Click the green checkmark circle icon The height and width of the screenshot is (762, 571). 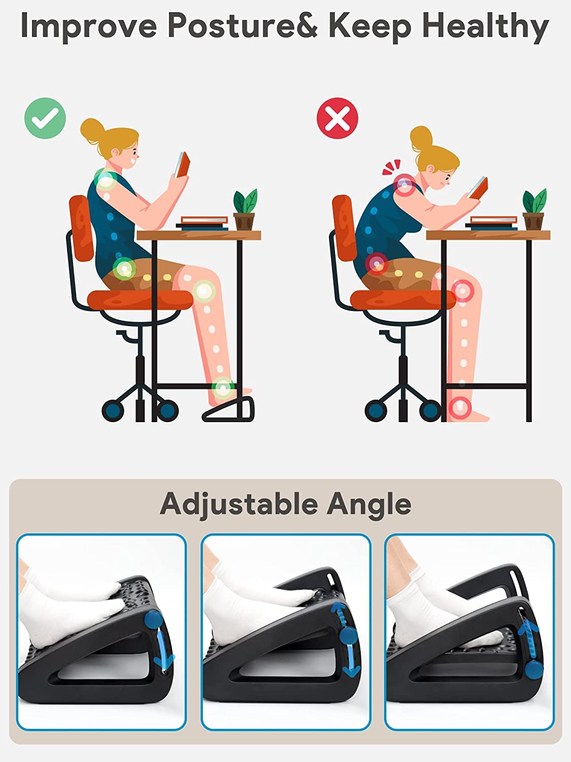pos(45,118)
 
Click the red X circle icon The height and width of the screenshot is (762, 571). pos(338,118)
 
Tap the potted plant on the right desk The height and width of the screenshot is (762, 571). pos(534,209)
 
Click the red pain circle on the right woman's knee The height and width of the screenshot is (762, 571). pos(462,291)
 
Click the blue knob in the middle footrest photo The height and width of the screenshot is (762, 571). pos(348,636)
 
